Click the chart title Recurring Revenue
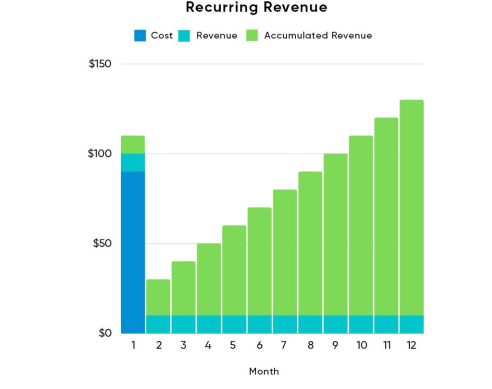(256, 7)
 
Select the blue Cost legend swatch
(140, 36)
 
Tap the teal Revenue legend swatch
(184, 36)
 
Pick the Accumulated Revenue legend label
(318, 36)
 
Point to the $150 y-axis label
(100, 64)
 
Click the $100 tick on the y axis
(100, 154)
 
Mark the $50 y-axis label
(102, 243)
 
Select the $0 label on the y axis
(105, 333)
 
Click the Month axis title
(264, 371)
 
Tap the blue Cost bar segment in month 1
(133, 253)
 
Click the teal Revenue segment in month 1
(133, 162)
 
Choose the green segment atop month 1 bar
(133, 145)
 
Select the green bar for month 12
(411, 207)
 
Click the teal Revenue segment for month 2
(158, 324)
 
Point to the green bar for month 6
(260, 262)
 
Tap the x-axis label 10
(362, 345)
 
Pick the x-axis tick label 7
(284, 345)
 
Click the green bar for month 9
(335, 234)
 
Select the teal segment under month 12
(411, 324)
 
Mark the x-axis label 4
(208, 345)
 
